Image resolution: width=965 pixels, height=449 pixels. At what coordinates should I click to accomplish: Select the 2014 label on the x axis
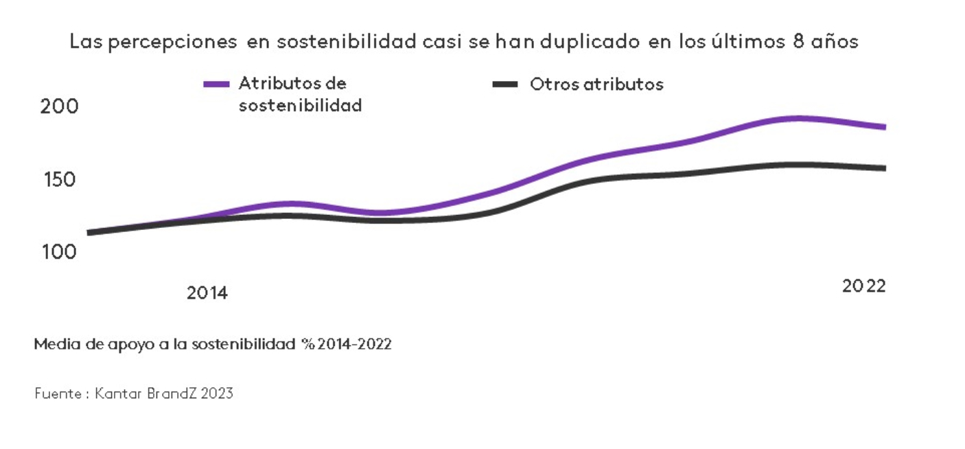pyautogui.click(x=207, y=293)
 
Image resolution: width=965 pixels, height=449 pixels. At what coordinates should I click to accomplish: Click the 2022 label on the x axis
pyautogui.click(x=864, y=286)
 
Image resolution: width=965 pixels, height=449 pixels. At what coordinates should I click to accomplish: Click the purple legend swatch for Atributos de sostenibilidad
pyautogui.click(x=216, y=84)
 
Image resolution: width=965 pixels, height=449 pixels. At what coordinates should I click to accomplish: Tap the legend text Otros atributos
pyautogui.click(x=596, y=84)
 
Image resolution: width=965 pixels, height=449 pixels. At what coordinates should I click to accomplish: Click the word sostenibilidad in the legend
pyautogui.click(x=300, y=106)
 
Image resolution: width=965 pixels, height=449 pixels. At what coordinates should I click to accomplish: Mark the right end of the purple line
pyautogui.click(x=885, y=127)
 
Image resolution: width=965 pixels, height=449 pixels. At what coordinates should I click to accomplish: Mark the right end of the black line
pyautogui.click(x=885, y=168)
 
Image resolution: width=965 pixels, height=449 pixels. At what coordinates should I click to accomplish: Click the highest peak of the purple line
pyautogui.click(x=798, y=118)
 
